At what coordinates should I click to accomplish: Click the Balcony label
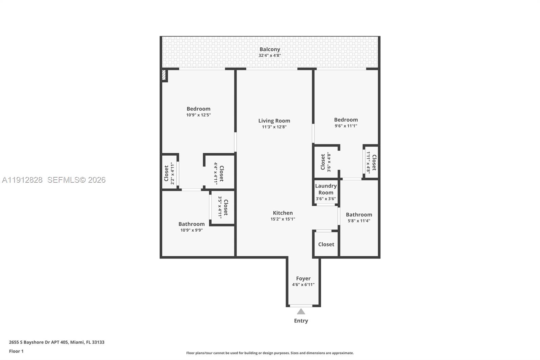[x=270, y=49]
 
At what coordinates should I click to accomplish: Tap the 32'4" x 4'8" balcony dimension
[x=270, y=55]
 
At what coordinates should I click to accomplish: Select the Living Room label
[x=274, y=121]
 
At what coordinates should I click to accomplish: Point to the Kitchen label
[x=282, y=213]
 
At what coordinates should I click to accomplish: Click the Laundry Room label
[x=326, y=189]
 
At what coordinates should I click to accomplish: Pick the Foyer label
[x=303, y=278]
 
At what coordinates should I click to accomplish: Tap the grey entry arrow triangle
[x=301, y=312]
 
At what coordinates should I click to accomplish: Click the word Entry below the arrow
[x=301, y=321]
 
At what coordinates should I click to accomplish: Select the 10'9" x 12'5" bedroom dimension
[x=198, y=115]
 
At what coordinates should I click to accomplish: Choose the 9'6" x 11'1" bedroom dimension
[x=346, y=126]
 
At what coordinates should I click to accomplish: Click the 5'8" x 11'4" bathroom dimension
[x=359, y=221]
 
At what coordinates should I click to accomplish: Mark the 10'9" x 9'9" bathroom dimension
[x=191, y=230]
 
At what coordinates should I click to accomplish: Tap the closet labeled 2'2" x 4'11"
[x=169, y=173]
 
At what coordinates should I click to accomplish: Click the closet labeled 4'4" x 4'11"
[x=219, y=173]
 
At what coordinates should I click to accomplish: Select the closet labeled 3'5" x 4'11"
[x=223, y=207]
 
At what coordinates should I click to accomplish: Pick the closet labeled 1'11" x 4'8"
[x=371, y=162]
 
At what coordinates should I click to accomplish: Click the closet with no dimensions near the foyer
[x=326, y=244]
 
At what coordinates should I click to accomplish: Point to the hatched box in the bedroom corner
[x=164, y=75]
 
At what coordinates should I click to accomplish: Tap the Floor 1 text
[x=16, y=351]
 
